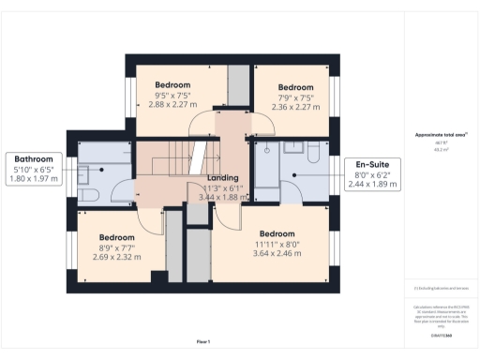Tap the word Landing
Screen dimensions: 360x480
coord(223,177)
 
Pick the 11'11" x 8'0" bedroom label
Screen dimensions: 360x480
coord(277,244)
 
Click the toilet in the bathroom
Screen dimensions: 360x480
coord(94,194)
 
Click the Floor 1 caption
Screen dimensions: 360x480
coord(202,341)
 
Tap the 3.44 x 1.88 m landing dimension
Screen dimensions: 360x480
coord(225,198)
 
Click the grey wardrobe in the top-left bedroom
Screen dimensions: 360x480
coord(238,86)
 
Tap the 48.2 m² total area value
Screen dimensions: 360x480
coord(439,149)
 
